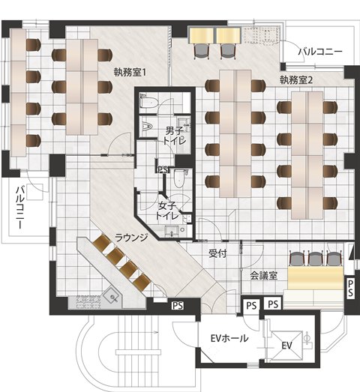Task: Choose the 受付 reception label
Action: point(217,253)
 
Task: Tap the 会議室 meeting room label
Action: point(263,275)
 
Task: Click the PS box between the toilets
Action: point(162,169)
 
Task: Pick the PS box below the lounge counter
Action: point(178,305)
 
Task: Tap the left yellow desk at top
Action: point(202,34)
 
